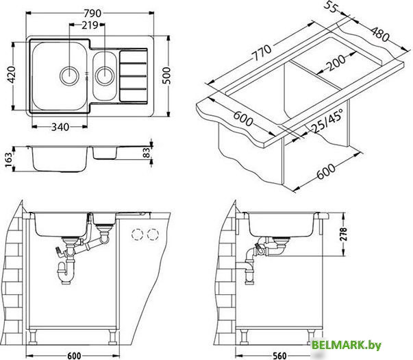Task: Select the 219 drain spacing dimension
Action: point(90,25)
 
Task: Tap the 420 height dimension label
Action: point(12,75)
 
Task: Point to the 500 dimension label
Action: point(166,75)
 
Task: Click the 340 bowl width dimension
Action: point(60,127)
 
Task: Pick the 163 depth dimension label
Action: point(8,160)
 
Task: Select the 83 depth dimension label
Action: point(146,153)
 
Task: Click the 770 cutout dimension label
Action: point(261,53)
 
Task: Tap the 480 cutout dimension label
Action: point(380,34)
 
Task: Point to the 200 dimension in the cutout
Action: point(335,63)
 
